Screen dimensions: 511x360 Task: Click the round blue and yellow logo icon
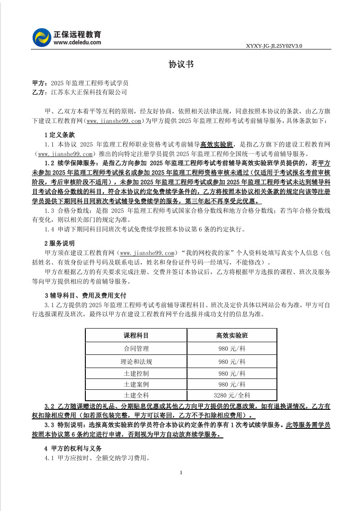point(42,37)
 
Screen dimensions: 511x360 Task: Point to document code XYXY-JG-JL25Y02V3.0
point(274,46)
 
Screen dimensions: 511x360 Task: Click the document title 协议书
point(181,64)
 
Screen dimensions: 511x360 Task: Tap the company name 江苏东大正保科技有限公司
point(89,92)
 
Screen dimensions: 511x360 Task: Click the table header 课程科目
point(136,335)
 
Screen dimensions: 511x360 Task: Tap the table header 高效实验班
point(232,335)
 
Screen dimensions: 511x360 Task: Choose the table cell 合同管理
point(136,349)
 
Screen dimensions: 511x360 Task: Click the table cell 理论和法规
point(136,362)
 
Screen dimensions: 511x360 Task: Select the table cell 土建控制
point(136,373)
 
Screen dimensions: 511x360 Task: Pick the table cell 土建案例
point(136,384)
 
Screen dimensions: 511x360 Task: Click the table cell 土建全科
point(136,395)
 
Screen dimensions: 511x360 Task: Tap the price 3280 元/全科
point(232,395)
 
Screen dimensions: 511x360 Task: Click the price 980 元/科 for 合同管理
point(232,349)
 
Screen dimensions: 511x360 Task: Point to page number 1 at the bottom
point(181,473)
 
